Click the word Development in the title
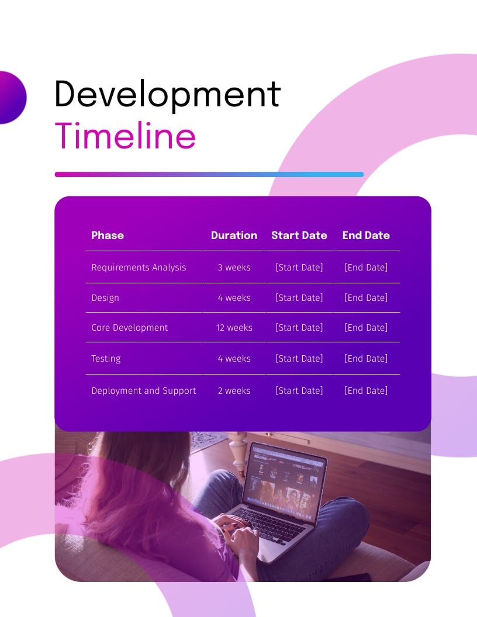167,94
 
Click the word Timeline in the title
125,136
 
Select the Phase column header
108,235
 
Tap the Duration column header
234,235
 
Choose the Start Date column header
299,235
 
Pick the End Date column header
366,235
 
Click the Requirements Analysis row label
139,268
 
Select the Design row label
105,298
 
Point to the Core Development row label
130,328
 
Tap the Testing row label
106,359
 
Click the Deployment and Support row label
144,391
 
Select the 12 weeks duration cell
234,328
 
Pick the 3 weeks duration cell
234,268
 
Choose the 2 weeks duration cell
234,391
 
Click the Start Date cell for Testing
299,359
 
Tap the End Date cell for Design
366,298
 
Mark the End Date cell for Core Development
366,328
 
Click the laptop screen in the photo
282,482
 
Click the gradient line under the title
209,174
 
